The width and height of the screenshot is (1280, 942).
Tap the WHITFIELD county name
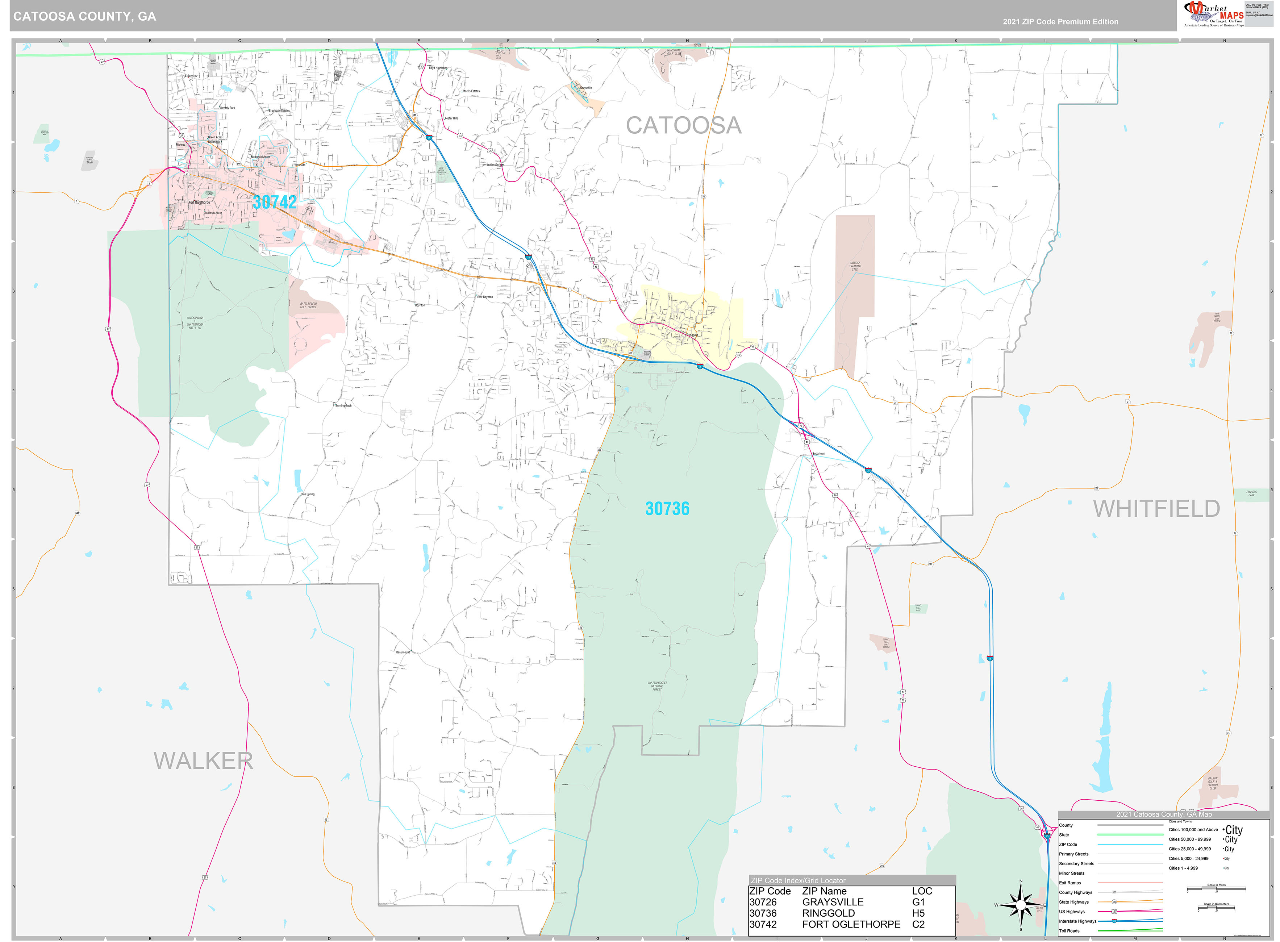coord(1156,509)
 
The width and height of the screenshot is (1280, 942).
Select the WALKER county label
coord(203,761)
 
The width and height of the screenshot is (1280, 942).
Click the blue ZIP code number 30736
coord(667,509)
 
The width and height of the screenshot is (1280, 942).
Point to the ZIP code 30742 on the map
coord(275,202)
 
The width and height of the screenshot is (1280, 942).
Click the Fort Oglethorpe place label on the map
coord(200,203)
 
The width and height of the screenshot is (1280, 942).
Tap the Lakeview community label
coord(191,76)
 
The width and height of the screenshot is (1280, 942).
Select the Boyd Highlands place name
coord(438,68)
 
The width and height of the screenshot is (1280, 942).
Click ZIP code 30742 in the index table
coord(763,924)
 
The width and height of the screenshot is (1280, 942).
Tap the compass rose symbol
coord(1021,905)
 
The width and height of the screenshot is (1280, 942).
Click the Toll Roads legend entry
coord(1069,931)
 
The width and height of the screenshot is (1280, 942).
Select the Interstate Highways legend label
coord(1077,921)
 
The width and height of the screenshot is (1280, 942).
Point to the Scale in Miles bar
coord(1216,889)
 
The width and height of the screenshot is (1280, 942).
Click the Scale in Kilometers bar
coord(1216,908)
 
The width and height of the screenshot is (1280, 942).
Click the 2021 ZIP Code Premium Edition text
coord(1060,22)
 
